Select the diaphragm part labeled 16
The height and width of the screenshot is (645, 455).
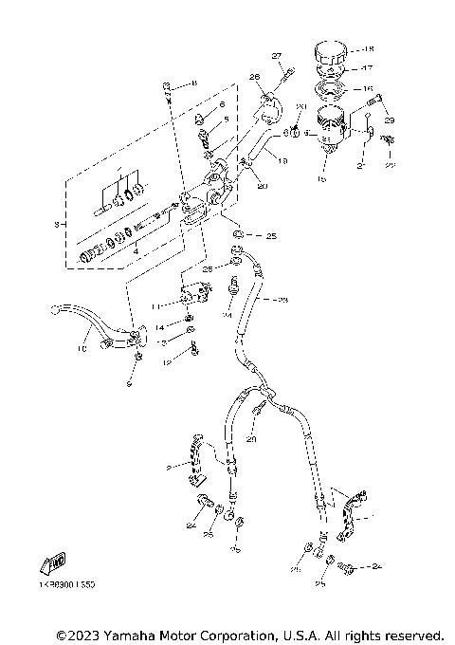coord(331,92)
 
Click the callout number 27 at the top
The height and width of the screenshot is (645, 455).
coord(278,56)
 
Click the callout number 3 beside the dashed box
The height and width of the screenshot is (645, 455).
coord(58,224)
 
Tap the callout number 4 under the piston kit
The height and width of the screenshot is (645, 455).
coord(139,251)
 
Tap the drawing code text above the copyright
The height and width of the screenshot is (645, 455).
coord(67,586)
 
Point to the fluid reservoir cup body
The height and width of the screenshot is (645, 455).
coord(330,125)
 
